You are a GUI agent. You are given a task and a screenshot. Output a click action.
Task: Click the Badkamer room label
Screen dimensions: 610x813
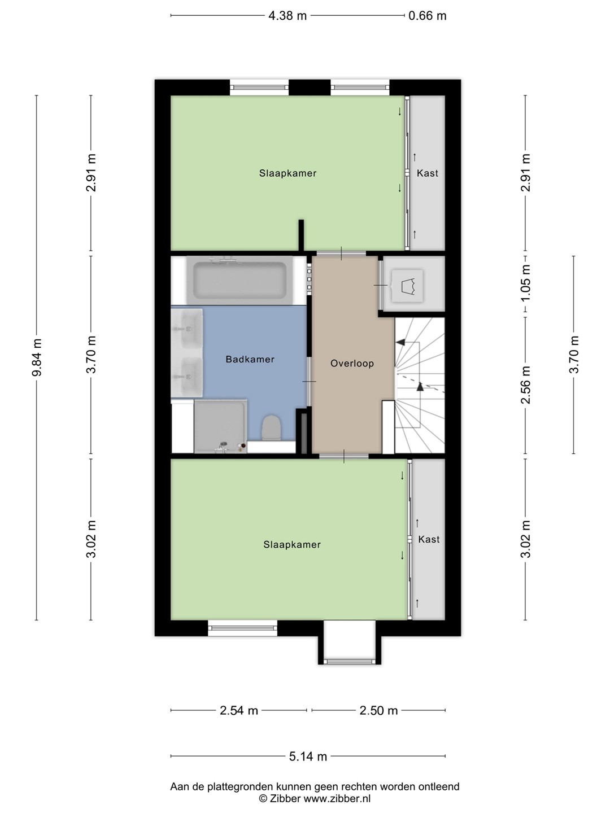[250, 359]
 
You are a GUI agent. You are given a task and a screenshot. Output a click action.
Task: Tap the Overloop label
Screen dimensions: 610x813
[352, 364]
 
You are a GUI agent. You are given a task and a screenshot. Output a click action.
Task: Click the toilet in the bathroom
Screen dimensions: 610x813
[272, 427]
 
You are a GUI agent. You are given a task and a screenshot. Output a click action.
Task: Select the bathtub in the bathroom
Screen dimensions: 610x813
[240, 281]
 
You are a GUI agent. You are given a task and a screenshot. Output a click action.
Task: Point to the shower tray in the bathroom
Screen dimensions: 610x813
[220, 426]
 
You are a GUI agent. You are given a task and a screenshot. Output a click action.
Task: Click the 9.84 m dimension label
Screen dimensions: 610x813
[37, 357]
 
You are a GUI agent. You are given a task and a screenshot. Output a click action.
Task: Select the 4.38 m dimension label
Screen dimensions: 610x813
[287, 16]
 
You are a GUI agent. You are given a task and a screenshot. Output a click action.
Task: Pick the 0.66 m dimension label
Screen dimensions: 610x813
[428, 16]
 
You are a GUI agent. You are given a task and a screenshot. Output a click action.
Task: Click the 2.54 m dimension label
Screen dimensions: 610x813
[239, 710]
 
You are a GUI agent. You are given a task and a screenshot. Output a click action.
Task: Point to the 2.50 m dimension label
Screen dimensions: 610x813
[378, 710]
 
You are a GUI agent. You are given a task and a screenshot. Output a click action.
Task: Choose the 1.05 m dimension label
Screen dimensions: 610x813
[525, 283]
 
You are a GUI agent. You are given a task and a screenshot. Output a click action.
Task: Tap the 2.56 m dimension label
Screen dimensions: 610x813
[525, 384]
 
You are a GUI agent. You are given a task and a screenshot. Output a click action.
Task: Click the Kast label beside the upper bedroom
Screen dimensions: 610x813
[428, 173]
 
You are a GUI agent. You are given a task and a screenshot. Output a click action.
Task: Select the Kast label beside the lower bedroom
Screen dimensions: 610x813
[429, 539]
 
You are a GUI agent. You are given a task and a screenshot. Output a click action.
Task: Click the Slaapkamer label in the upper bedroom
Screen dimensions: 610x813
[288, 173]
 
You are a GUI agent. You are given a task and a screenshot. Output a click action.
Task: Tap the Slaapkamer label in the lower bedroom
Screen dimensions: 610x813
[292, 544]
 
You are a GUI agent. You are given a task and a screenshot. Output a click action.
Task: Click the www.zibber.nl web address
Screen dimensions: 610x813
[337, 798]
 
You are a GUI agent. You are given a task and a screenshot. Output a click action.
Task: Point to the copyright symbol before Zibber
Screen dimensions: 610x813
[263, 798]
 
